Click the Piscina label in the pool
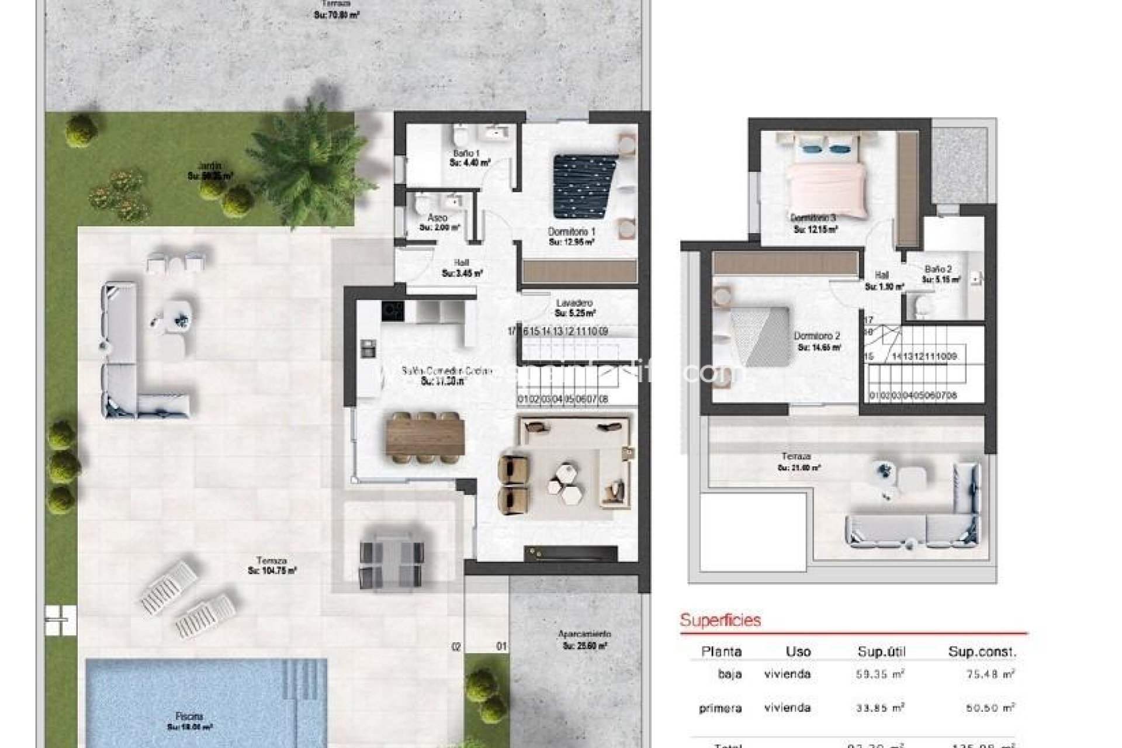pyautogui.click(x=189, y=716)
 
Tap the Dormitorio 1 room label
pyautogui.click(x=571, y=232)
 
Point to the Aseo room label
pyautogui.click(x=437, y=218)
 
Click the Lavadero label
pyautogui.click(x=574, y=303)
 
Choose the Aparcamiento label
pyautogui.click(x=584, y=634)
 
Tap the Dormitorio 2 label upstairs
pyautogui.click(x=817, y=337)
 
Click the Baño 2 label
pyautogui.click(x=938, y=269)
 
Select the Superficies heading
pyautogui.click(x=721, y=619)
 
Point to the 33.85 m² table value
pyautogui.click(x=879, y=708)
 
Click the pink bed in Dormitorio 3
pyautogui.click(x=825, y=187)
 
